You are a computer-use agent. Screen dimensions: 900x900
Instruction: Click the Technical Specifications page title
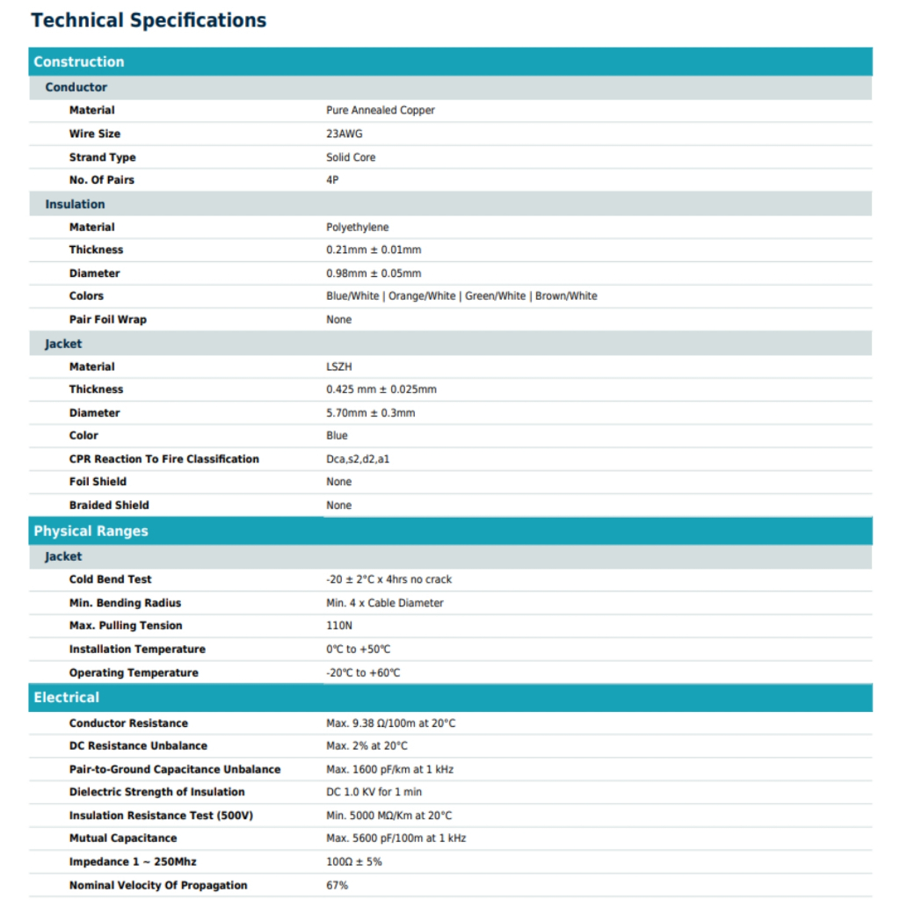click(149, 20)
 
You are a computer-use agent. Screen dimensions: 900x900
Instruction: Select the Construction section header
click(79, 62)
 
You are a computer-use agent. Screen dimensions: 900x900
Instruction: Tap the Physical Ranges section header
click(91, 531)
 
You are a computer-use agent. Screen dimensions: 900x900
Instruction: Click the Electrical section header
click(67, 697)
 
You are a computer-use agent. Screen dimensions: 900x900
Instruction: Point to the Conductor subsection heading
click(76, 87)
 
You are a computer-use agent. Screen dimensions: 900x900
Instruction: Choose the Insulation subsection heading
click(75, 204)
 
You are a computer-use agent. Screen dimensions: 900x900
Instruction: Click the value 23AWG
click(344, 134)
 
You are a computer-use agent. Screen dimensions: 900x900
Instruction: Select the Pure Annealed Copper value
click(380, 110)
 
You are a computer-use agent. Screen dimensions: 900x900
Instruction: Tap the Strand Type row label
click(102, 157)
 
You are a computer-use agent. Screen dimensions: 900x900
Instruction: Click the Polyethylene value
click(357, 227)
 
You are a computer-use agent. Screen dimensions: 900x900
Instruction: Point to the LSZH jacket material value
click(338, 367)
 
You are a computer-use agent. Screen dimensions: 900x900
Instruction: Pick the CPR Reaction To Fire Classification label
click(164, 459)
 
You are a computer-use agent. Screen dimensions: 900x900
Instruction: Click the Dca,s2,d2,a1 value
click(358, 459)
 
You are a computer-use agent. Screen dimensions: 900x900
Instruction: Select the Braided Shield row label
click(109, 505)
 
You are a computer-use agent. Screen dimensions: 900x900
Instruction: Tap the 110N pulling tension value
click(338, 626)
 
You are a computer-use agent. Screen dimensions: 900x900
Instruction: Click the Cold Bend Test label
click(110, 579)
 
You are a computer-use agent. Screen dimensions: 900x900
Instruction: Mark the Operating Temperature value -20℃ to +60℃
click(363, 672)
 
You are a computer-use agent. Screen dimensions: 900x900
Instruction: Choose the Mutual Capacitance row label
click(123, 838)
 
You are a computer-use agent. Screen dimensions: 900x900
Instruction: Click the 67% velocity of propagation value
click(337, 885)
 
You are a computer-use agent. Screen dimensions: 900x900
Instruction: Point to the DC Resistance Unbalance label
click(138, 745)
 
